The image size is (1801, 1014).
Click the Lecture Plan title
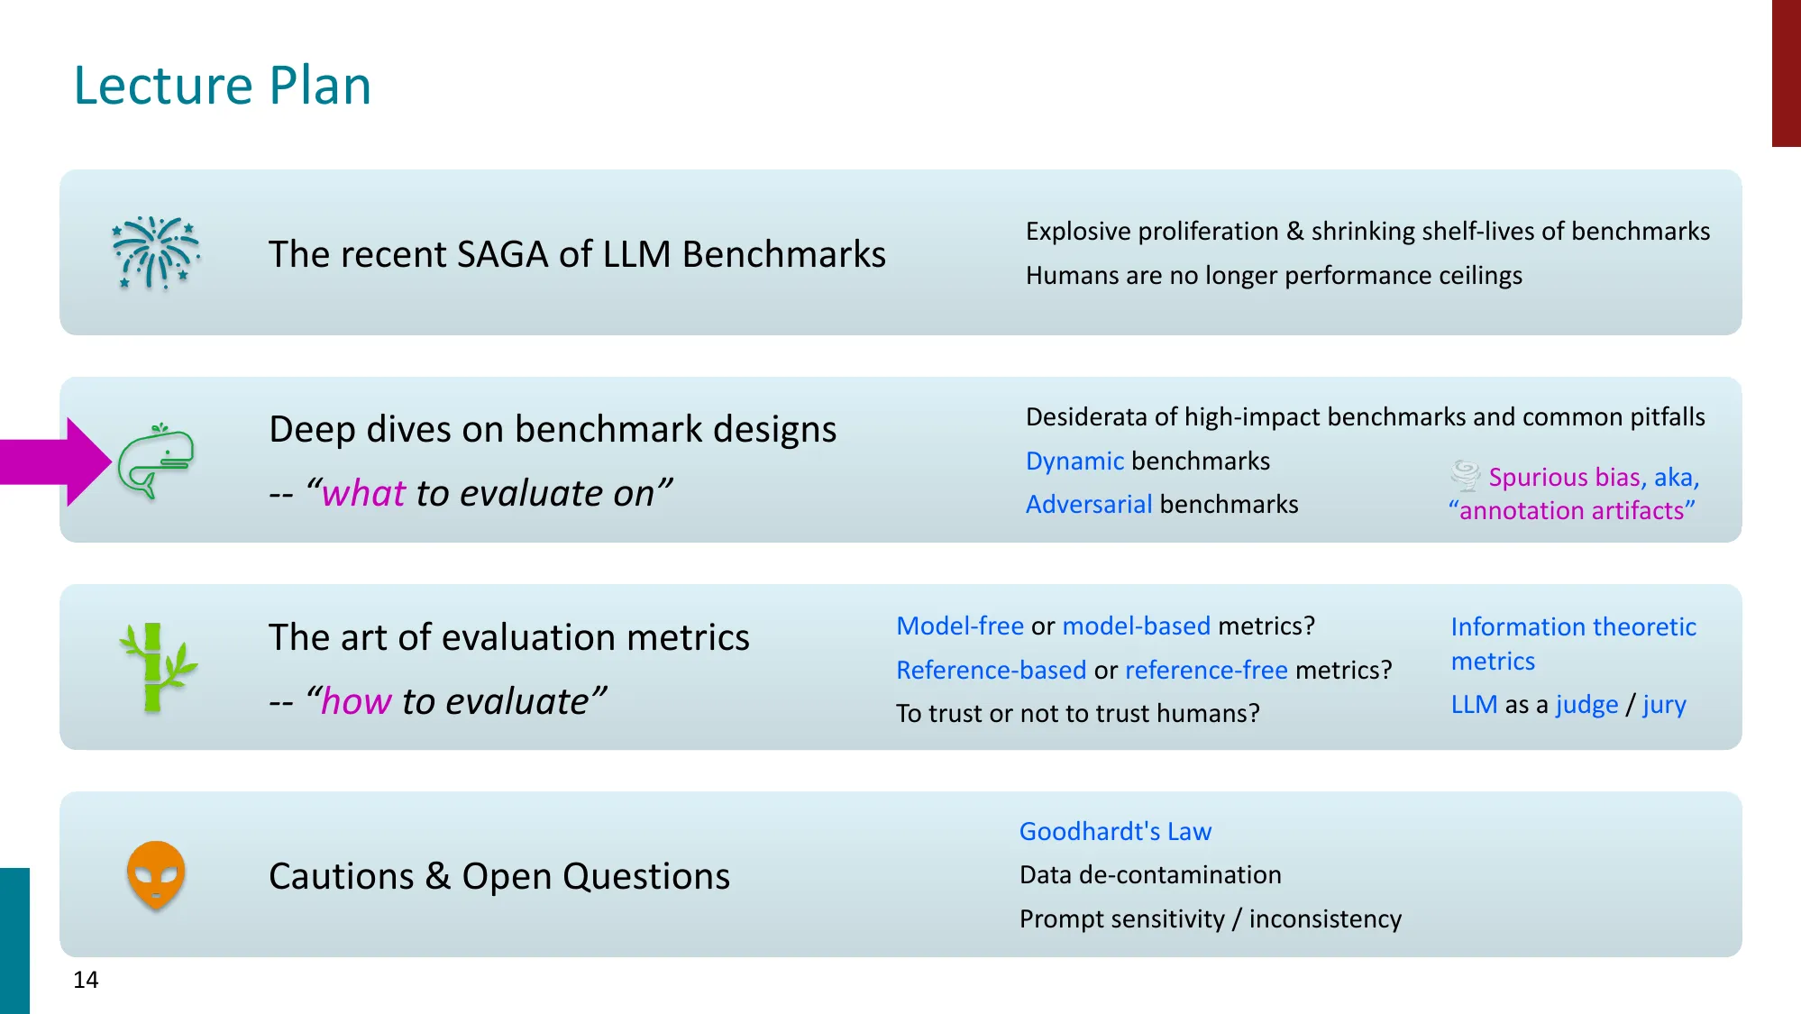pyautogui.click(x=222, y=86)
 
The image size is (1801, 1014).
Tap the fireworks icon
pyautogui.click(x=155, y=253)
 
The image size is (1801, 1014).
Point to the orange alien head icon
pyautogui.click(x=156, y=875)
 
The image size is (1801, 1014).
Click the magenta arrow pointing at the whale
pyautogui.click(x=54, y=461)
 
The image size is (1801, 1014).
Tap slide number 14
pyautogui.click(x=86, y=980)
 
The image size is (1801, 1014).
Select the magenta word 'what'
pyautogui.click(x=363, y=494)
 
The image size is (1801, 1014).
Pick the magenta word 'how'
pyautogui.click(x=356, y=701)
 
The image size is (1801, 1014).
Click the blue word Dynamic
pyautogui.click(x=1074, y=461)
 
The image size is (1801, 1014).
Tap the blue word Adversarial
pyautogui.click(x=1089, y=505)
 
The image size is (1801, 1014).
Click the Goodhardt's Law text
pyautogui.click(x=1115, y=831)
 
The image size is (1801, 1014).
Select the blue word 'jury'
pyautogui.click(x=1664, y=705)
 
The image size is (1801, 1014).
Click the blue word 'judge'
pyautogui.click(x=1586, y=705)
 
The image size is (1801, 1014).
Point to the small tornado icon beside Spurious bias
pyautogui.click(x=1465, y=475)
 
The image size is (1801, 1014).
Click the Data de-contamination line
pyautogui.click(x=1150, y=875)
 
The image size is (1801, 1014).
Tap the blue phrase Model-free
pyautogui.click(x=959, y=626)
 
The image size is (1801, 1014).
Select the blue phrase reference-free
pyautogui.click(x=1206, y=671)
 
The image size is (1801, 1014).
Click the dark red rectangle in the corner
pyautogui.click(x=1786, y=72)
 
